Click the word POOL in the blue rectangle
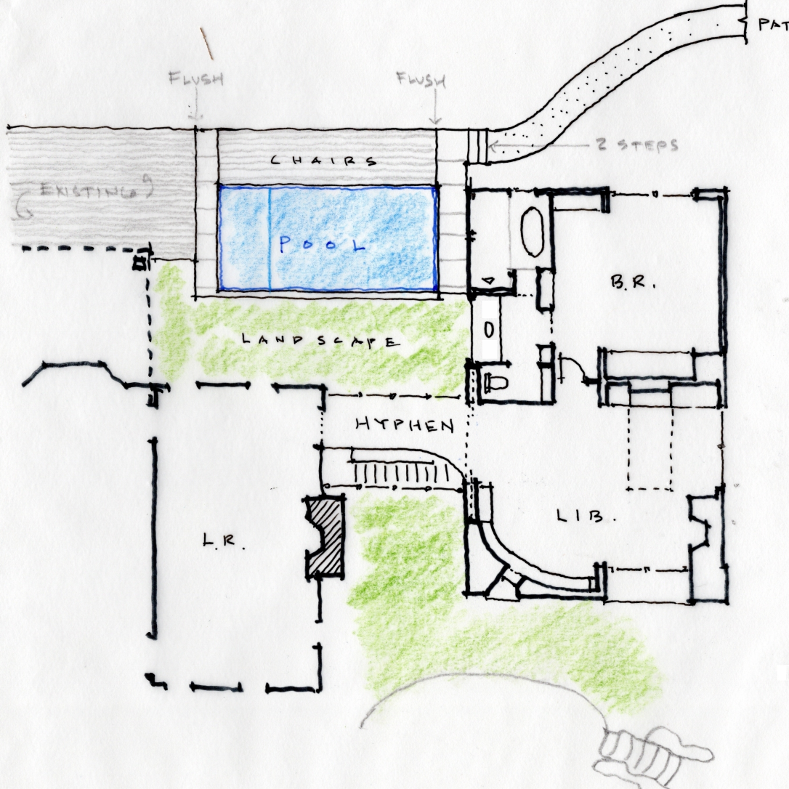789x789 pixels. (323, 245)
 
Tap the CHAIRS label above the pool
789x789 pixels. (324, 161)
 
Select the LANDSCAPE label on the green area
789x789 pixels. (320, 340)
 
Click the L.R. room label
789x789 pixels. (222, 541)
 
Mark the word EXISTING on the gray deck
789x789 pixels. (87, 192)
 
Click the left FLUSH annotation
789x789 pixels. (195, 78)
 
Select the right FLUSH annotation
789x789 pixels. (421, 78)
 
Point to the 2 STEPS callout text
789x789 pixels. (636, 145)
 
